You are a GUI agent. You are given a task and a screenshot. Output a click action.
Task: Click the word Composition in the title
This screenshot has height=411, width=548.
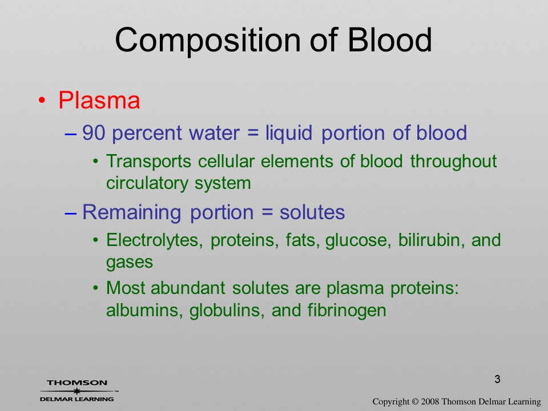208,41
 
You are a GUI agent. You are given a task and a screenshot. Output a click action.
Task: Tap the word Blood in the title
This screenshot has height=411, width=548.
389,39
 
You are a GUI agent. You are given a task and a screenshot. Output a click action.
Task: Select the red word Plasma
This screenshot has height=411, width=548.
99,100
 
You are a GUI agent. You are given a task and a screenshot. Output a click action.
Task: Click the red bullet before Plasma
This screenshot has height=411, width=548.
42,100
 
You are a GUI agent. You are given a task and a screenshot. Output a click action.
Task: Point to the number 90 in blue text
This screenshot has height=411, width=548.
93,133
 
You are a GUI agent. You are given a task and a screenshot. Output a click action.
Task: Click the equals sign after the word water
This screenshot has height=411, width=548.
252,133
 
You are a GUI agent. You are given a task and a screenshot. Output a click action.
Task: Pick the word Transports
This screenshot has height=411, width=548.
148,162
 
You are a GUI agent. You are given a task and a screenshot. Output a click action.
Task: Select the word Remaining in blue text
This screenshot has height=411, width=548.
131,212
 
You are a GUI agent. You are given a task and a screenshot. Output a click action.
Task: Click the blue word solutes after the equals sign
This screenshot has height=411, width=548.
312,212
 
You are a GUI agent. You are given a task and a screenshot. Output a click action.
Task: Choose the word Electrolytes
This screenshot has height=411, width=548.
154,240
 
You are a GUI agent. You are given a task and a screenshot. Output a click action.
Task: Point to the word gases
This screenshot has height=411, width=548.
130,262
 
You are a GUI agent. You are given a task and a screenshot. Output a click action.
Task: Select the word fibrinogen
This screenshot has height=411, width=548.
346,311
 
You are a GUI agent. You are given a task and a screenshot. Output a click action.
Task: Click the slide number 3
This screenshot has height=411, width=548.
497,379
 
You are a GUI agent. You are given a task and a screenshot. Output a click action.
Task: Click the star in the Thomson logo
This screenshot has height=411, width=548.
76,391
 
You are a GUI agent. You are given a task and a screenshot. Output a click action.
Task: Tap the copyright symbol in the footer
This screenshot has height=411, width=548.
415,402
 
